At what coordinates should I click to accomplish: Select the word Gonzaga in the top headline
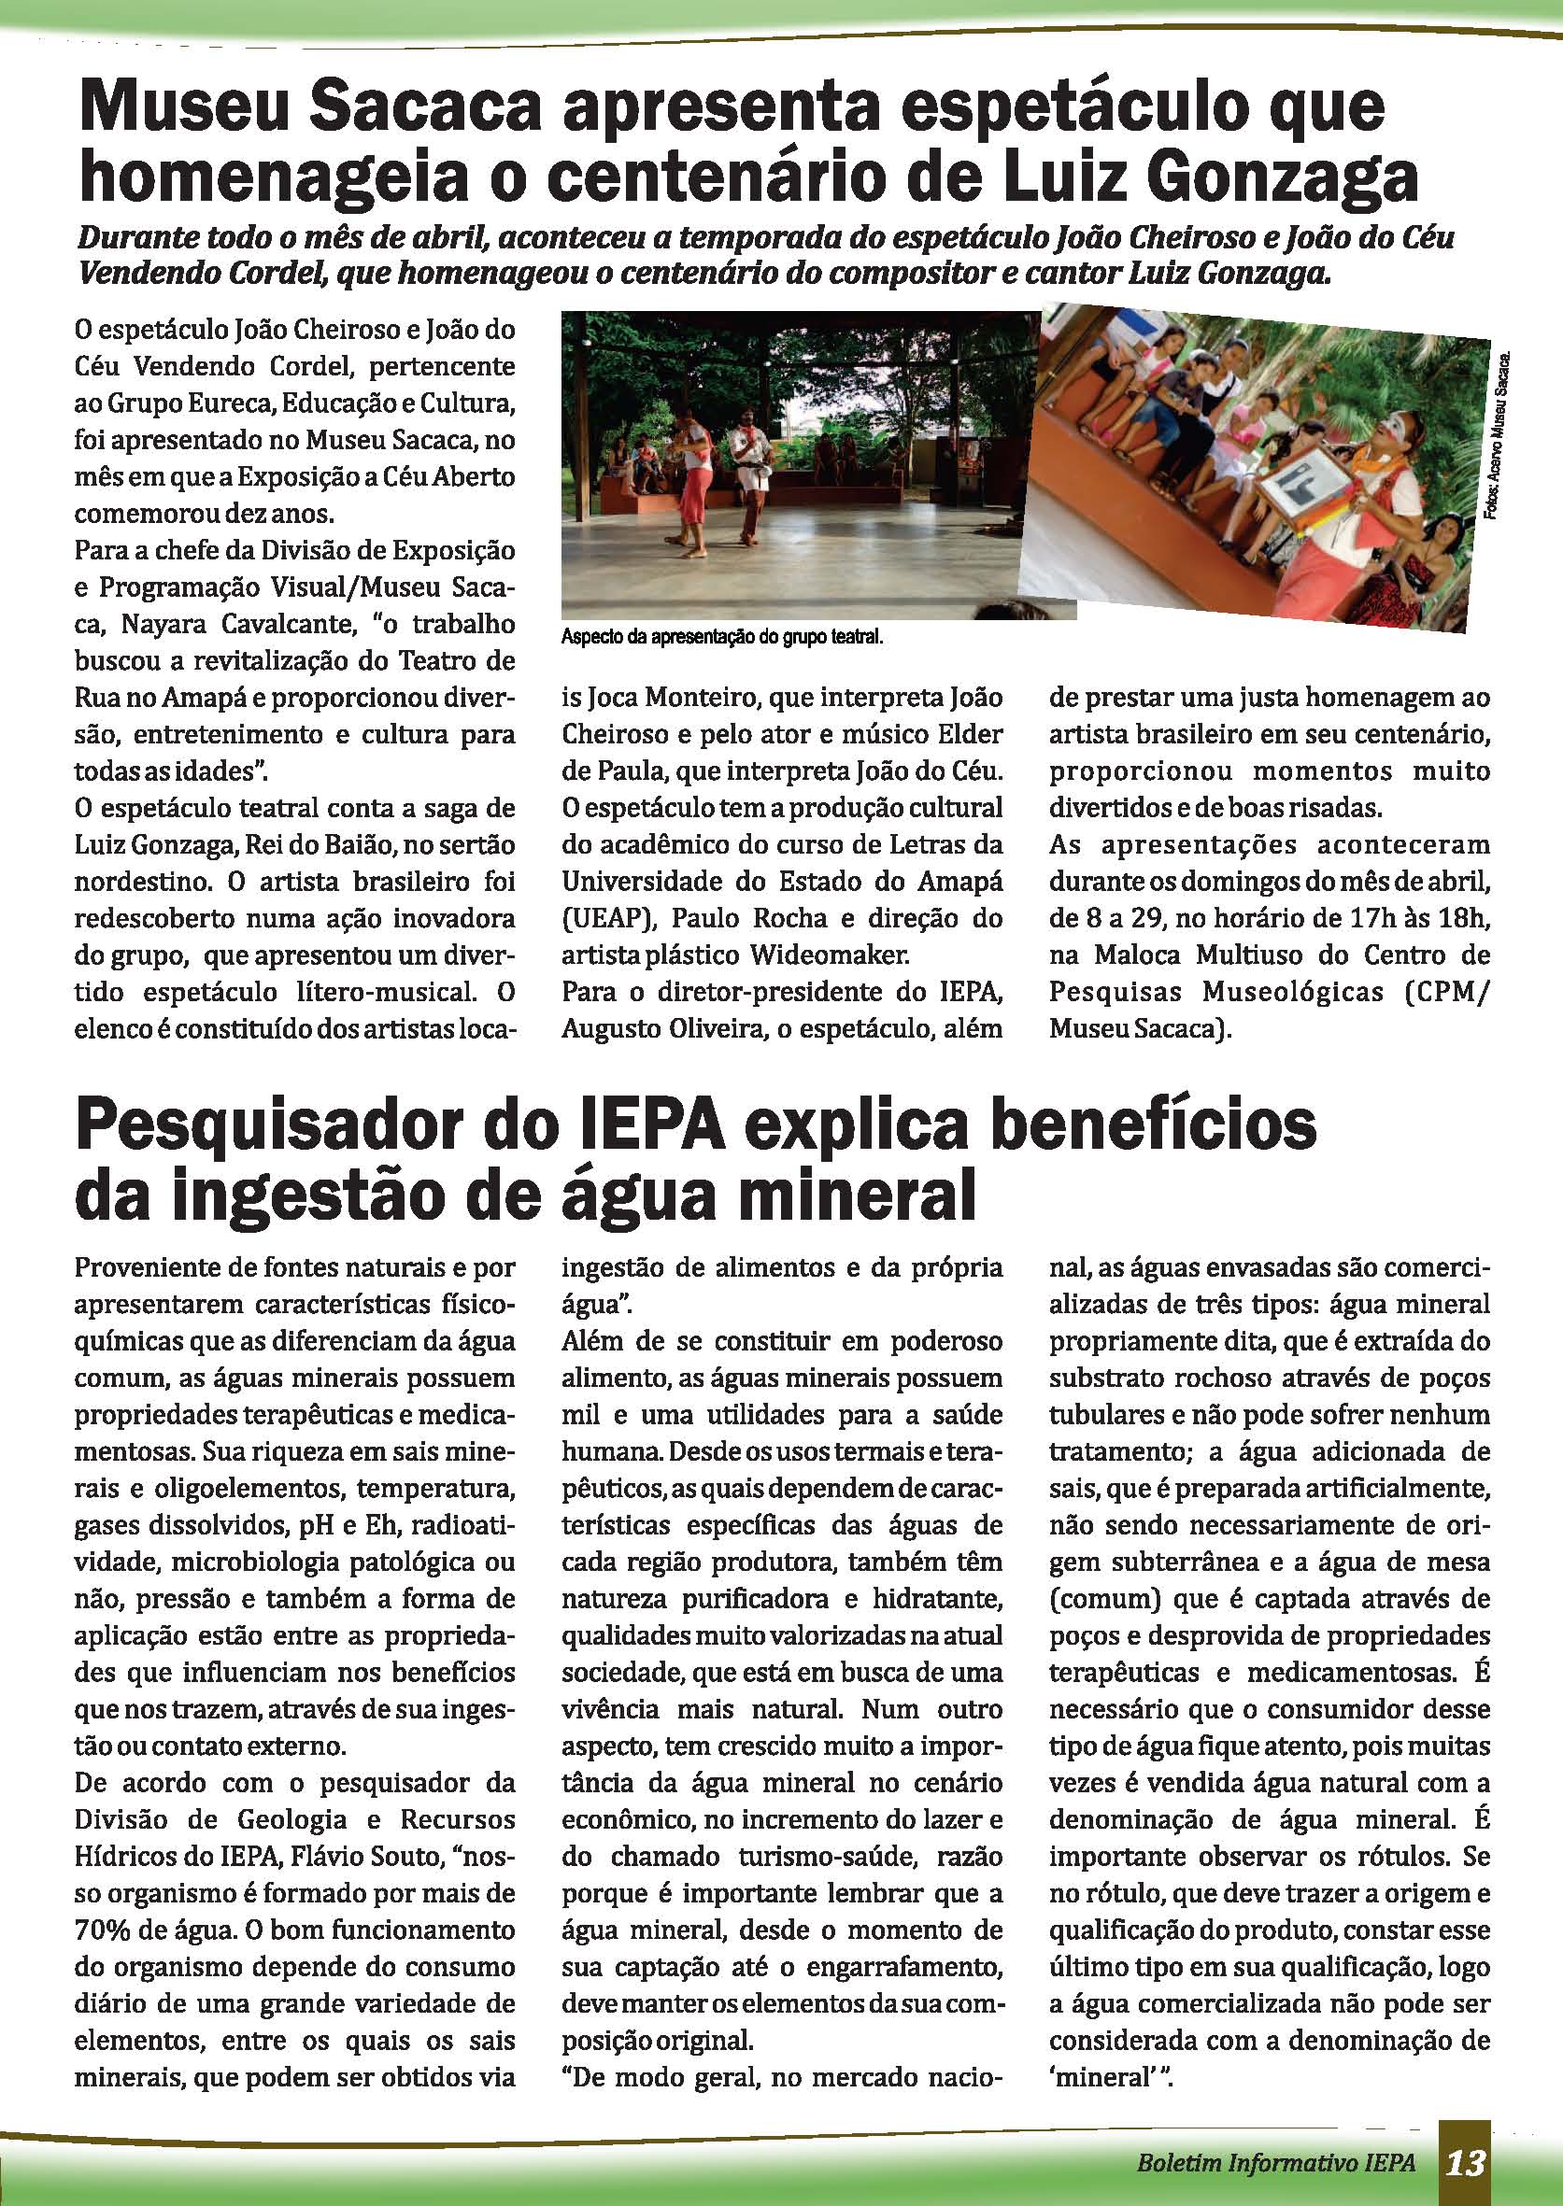[1279, 178]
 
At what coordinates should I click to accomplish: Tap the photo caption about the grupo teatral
[722, 637]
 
